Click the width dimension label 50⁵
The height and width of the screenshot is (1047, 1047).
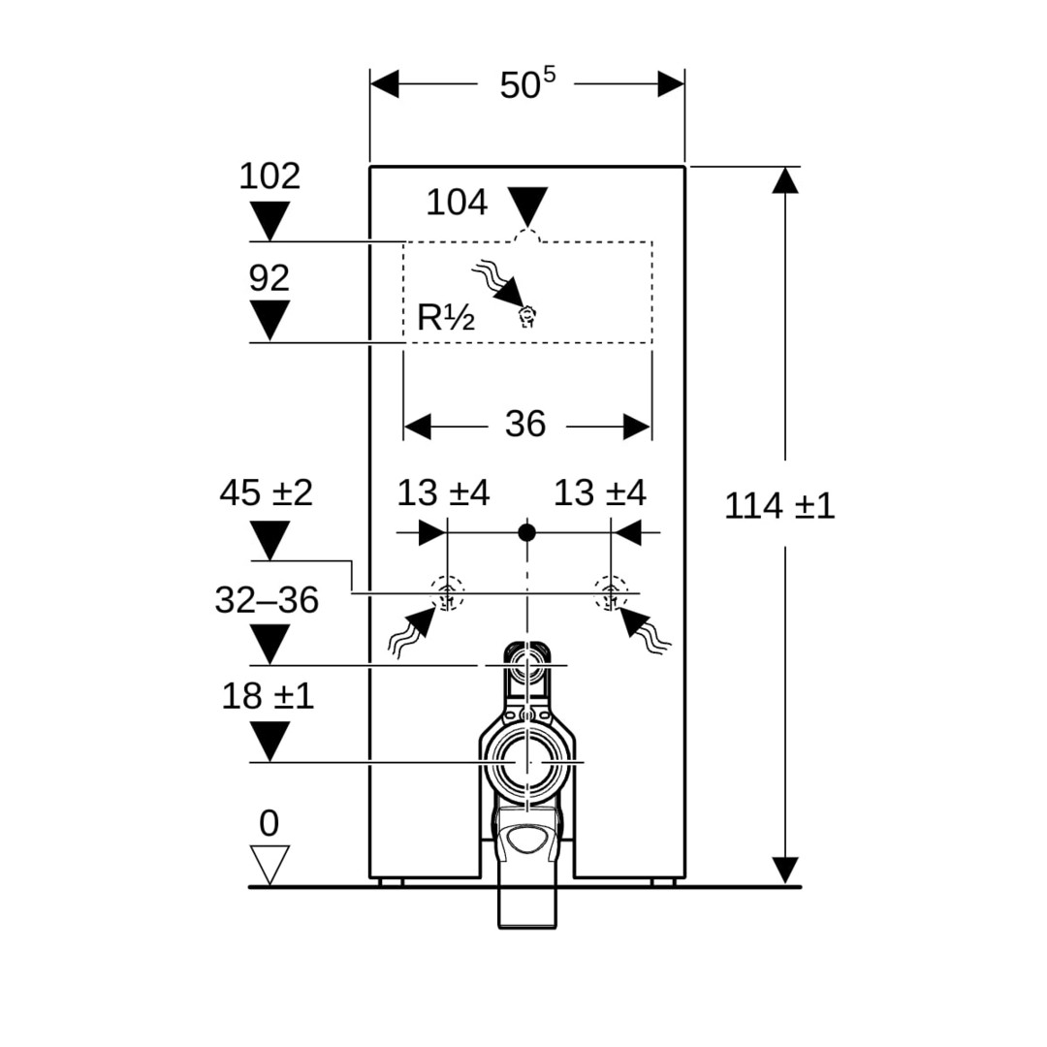click(527, 84)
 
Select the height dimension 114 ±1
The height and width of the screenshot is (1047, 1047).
click(779, 505)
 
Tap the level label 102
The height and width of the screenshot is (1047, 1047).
click(270, 176)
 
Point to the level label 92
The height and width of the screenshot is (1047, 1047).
click(270, 278)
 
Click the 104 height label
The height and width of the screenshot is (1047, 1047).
click(457, 203)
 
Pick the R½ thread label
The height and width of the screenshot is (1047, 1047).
click(445, 317)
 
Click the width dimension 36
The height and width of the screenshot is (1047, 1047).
click(525, 424)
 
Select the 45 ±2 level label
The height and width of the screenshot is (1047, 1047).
click(266, 493)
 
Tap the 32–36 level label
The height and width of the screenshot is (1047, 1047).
click(267, 600)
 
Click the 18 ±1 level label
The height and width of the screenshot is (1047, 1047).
click(268, 695)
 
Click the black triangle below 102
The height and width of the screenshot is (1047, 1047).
click(270, 220)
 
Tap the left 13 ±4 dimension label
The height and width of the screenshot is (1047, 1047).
click(443, 493)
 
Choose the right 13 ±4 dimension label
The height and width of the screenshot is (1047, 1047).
click(599, 493)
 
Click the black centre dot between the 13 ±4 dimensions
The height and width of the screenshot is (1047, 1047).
click(526, 531)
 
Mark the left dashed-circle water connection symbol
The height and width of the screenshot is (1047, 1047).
click(447, 591)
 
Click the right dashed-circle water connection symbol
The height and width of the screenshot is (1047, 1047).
click(611, 591)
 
